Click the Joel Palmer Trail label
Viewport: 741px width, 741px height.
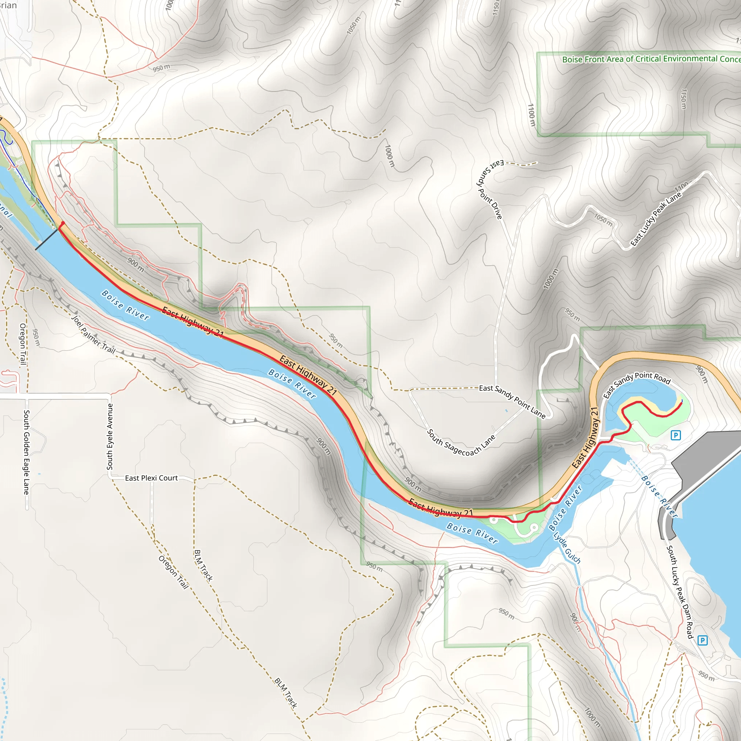94,334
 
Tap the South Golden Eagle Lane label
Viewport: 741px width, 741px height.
26,452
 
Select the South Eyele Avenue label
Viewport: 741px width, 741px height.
110,436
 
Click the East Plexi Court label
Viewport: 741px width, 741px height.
152,478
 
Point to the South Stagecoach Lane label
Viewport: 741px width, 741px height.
461,443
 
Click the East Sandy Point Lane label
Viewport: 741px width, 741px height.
512,402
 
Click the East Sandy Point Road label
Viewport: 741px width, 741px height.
637,384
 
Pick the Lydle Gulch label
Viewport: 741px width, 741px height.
567,547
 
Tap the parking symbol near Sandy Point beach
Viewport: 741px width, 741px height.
676,435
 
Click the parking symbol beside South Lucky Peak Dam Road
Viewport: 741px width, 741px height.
702,640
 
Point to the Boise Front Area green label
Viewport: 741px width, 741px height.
651,59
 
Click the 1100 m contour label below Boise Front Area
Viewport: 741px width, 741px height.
531,115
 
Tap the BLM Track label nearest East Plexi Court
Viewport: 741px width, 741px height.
203,566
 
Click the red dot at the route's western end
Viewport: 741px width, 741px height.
63,223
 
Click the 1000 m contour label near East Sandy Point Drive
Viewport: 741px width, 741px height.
389,156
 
